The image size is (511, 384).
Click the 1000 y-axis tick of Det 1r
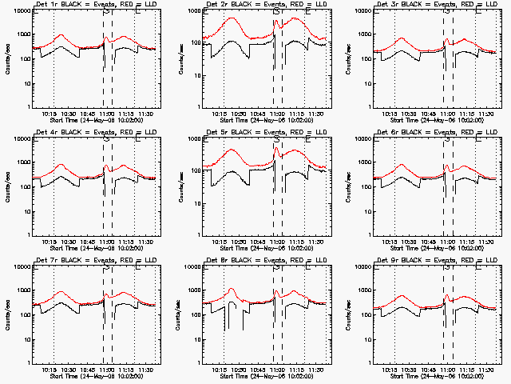pos(21,35)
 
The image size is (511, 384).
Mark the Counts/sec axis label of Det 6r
pos(351,186)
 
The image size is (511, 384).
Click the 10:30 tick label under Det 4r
pos(69,242)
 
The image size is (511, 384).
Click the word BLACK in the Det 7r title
pos(73,261)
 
